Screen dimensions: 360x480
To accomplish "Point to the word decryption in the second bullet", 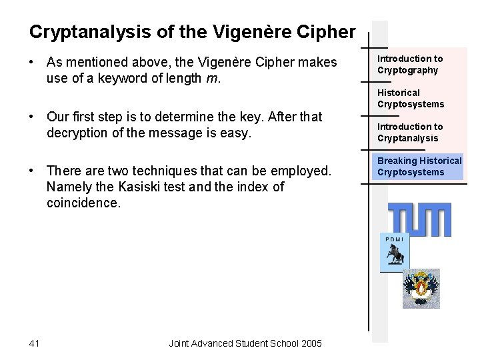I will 78,133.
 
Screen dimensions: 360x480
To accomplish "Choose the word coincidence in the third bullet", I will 83,203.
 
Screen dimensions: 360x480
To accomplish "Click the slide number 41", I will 35,343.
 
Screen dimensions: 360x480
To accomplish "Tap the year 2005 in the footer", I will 311,343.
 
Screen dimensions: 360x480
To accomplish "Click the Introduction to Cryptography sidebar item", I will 410,65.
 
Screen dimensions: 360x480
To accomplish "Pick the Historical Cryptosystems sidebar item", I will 410,98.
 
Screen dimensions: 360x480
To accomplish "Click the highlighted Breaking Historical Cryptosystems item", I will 419,166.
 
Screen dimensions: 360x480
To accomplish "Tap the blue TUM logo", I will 420,219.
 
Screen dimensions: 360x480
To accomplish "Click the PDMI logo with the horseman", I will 394,253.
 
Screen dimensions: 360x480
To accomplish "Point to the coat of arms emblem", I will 421,288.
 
